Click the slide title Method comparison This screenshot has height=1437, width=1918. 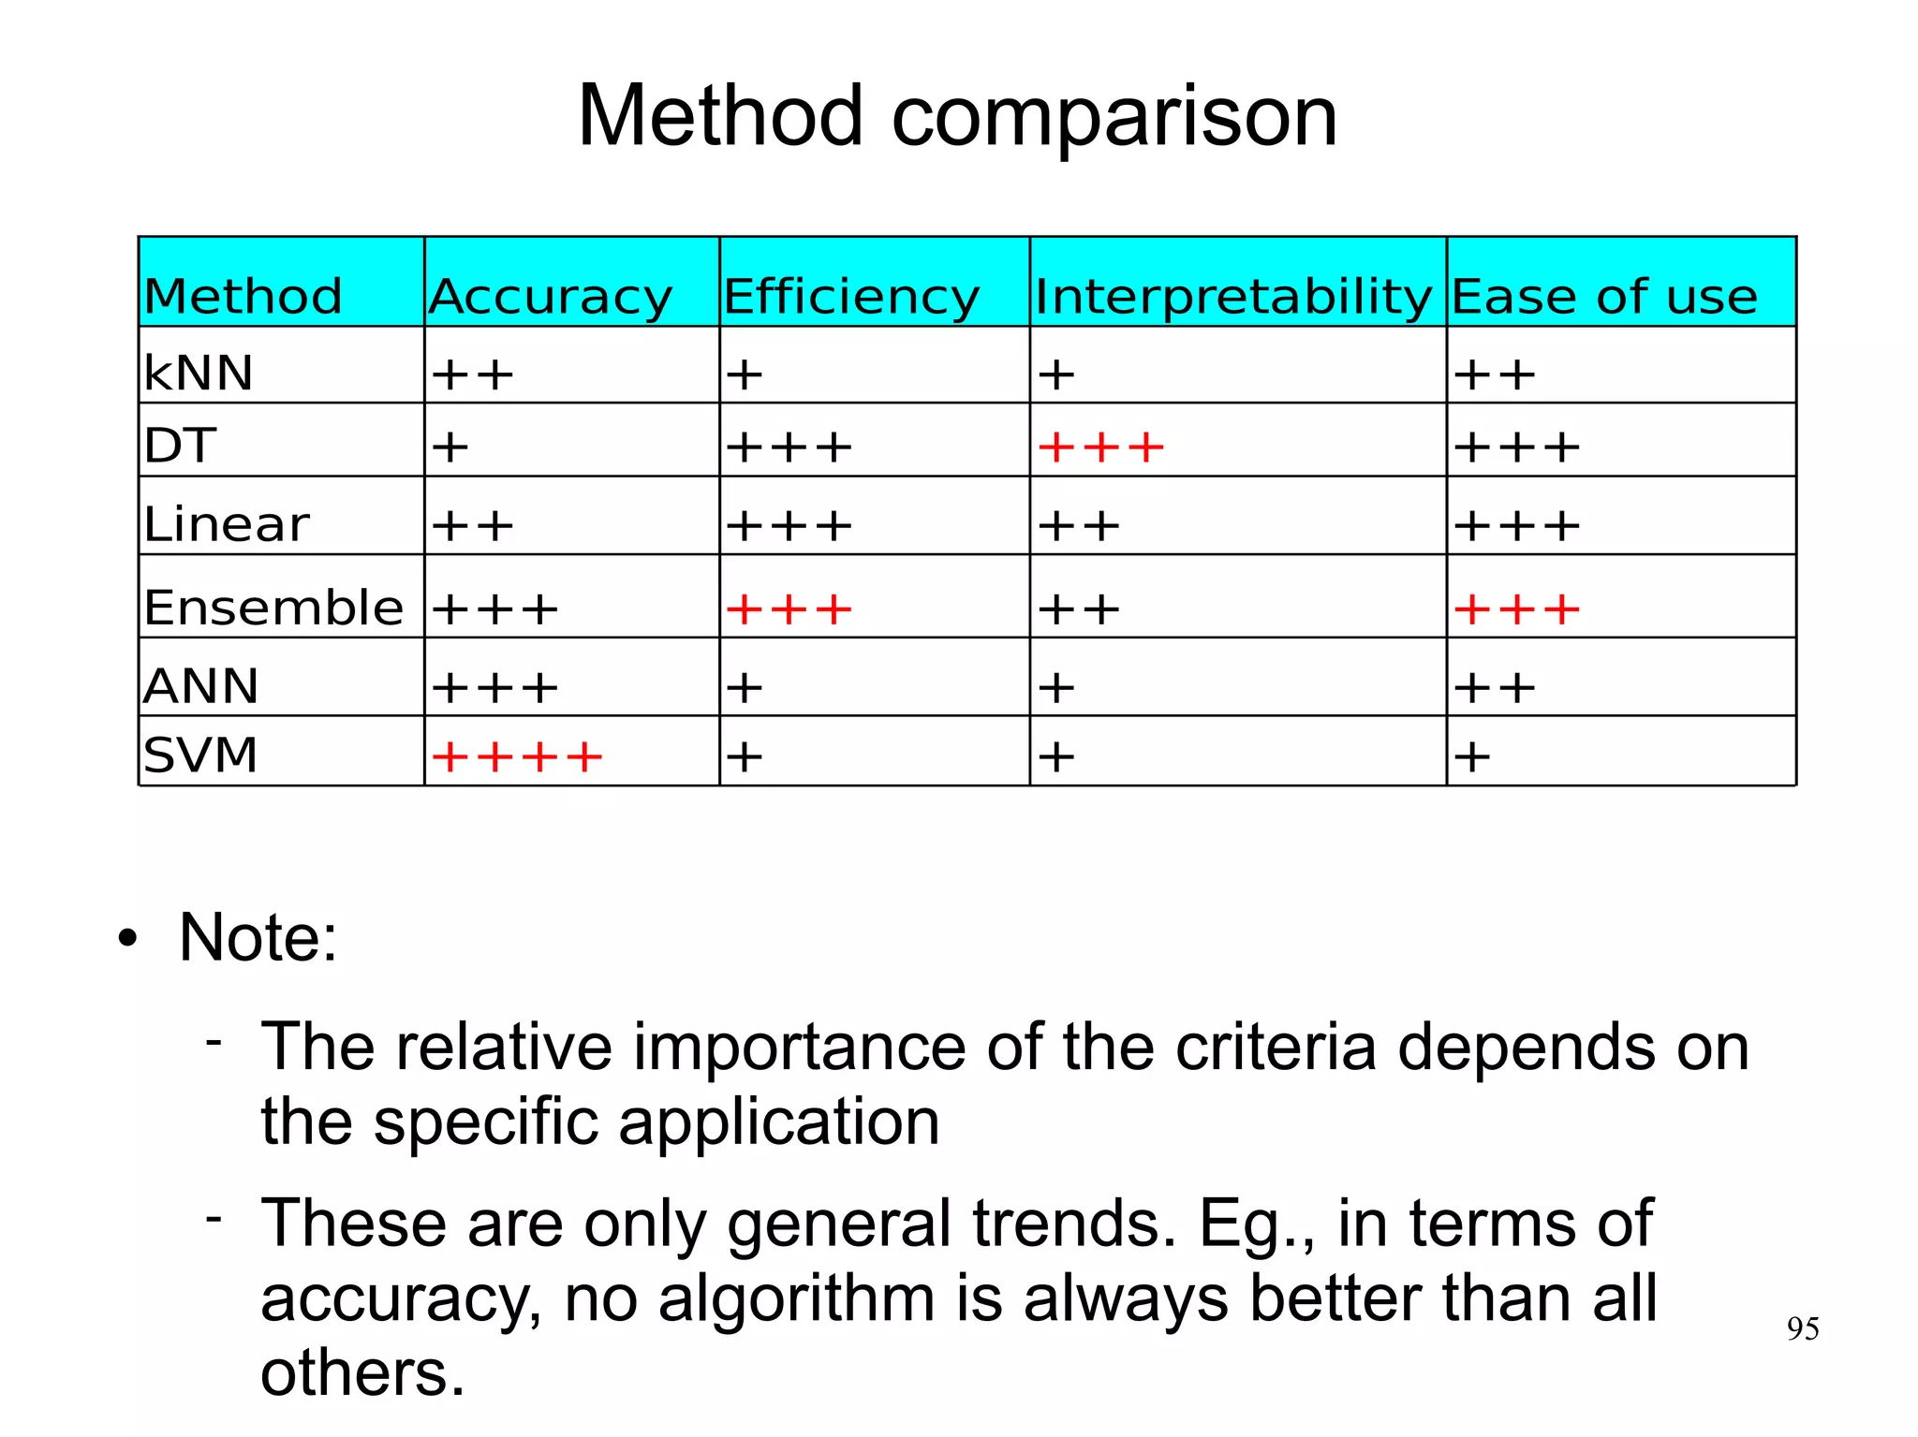pos(957,116)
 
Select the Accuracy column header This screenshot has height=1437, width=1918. pos(551,297)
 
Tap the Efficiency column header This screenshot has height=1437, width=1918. pos(850,297)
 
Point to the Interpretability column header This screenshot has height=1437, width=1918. pos(1232,297)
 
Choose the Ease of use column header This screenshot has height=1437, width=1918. pos(1603,297)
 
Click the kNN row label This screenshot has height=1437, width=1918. pos(199,373)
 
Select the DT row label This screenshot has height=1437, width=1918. pos(180,446)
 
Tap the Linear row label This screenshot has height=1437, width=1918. pos(226,523)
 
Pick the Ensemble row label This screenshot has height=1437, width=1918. pos(273,608)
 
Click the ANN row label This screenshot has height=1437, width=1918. pos(200,686)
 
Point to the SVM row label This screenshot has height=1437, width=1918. pos(200,755)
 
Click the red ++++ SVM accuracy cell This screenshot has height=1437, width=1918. pos(517,756)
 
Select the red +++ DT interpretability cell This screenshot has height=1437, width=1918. pos(1101,447)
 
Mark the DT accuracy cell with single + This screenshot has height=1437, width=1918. pos(450,447)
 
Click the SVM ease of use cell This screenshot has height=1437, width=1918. pos(1472,756)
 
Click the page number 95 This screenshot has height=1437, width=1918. pos(1803,1328)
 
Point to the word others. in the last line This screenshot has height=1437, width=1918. pos(362,1373)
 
